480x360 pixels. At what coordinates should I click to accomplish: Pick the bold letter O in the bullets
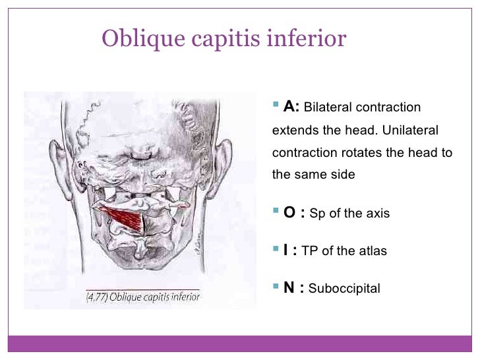289,213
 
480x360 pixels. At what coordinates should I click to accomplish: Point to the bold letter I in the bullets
287,251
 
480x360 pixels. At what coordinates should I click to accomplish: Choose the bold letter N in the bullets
289,287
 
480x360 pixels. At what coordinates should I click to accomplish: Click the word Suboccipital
344,288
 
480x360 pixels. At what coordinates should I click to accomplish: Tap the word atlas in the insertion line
373,251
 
